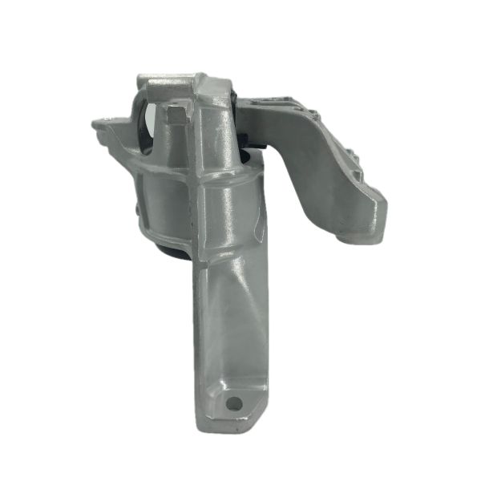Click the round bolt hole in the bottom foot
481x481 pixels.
click(x=234, y=403)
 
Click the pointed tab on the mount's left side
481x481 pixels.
click(x=100, y=123)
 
